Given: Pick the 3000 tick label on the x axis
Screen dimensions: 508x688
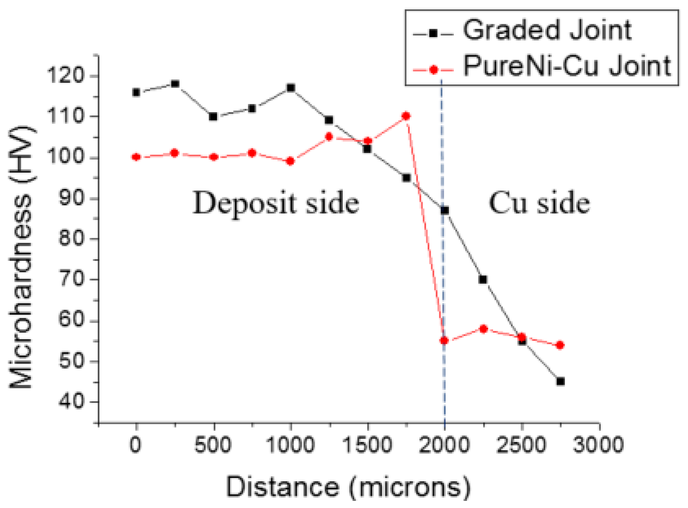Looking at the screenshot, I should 599,445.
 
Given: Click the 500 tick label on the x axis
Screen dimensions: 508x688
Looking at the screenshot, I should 213,445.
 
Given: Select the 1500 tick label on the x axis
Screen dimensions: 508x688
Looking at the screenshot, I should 367,445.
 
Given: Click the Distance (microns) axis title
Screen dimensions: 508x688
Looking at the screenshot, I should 348,487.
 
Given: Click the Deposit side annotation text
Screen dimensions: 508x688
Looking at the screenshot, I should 276,203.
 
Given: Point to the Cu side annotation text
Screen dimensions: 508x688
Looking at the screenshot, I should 539,203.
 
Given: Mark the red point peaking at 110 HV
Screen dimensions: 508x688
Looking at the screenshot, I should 406,116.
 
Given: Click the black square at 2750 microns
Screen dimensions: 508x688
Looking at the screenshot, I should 560,382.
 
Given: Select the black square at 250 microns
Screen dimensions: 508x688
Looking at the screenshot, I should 175,84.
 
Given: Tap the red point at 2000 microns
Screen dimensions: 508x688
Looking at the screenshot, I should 444,341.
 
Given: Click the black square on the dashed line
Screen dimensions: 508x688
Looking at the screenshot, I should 445,211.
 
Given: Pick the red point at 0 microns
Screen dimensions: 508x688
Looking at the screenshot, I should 136,157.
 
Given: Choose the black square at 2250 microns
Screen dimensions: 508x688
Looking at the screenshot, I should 483,280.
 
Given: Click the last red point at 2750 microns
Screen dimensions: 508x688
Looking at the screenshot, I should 560,345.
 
